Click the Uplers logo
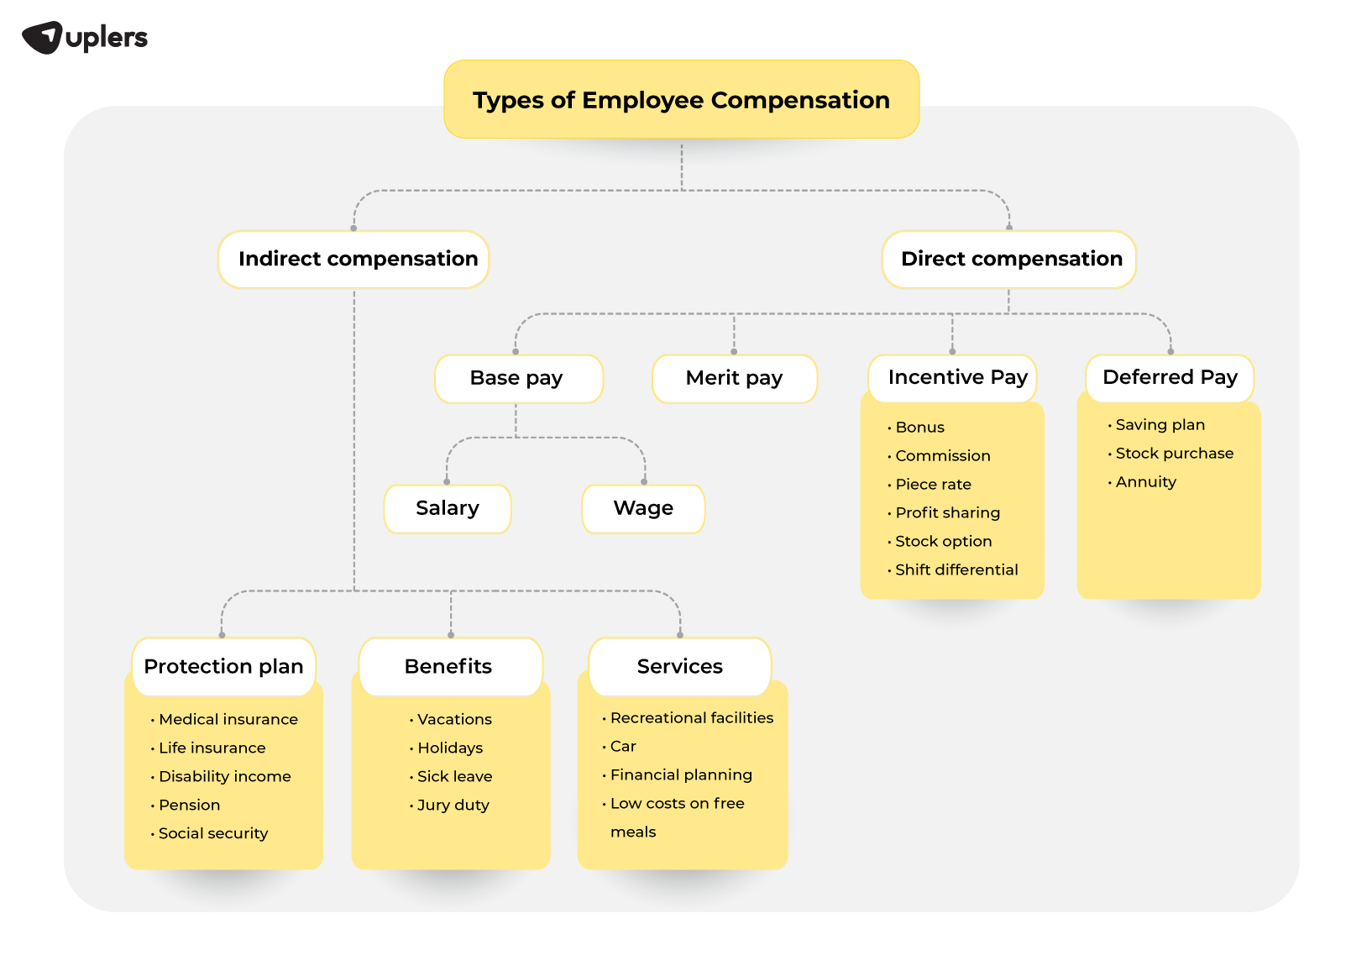85,38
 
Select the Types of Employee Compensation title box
681,100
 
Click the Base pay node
517,379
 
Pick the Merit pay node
734,379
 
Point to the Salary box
448,509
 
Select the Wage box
643,509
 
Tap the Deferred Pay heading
1170,378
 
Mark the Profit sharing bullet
947,513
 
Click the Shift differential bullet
956,570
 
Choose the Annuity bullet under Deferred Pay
1145,482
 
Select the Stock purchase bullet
1174,454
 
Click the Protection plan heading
223,667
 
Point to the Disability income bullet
224,777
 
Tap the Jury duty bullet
453,806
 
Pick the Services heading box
680,667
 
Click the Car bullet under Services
623,747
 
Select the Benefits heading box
449,667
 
